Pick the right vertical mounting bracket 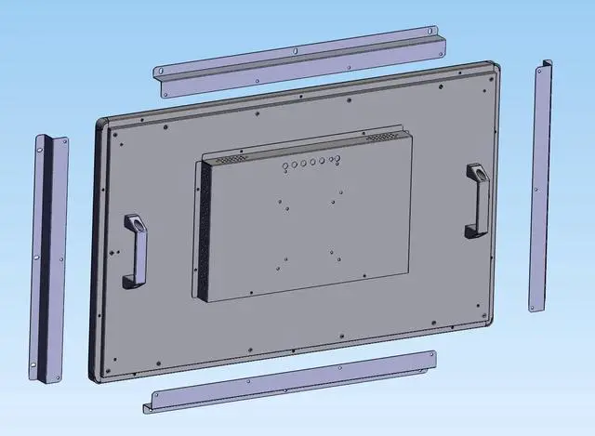pos(541,186)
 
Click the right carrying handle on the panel pos(476,199)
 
